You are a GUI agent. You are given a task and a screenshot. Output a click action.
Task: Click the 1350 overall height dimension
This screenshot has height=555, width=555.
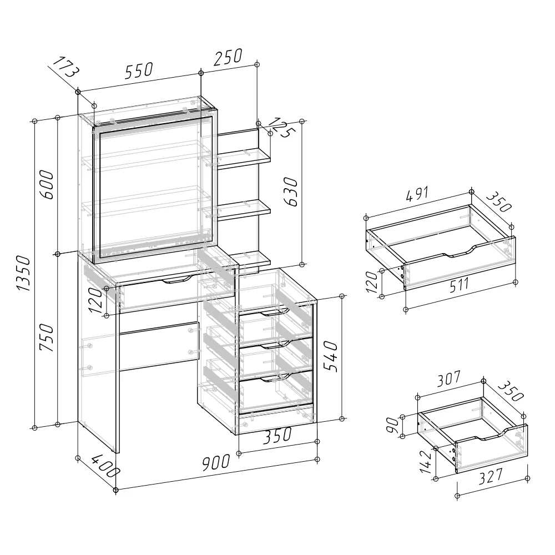[x=24, y=273]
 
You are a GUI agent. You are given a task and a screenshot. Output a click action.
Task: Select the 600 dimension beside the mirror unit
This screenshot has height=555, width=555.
[x=47, y=184]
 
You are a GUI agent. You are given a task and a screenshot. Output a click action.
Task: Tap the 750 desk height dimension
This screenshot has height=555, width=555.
[x=47, y=337]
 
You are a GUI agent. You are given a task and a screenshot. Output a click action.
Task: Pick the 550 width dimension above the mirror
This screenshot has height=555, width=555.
[x=139, y=70]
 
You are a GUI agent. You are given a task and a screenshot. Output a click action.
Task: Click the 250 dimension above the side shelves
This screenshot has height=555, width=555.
[x=228, y=57]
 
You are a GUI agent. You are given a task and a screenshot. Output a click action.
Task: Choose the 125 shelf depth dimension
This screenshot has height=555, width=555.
[x=282, y=128]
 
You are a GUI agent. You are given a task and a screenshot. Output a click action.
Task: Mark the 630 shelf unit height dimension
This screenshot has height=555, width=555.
[x=291, y=191]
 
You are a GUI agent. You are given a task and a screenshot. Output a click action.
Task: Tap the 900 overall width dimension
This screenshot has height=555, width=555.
[x=216, y=462]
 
